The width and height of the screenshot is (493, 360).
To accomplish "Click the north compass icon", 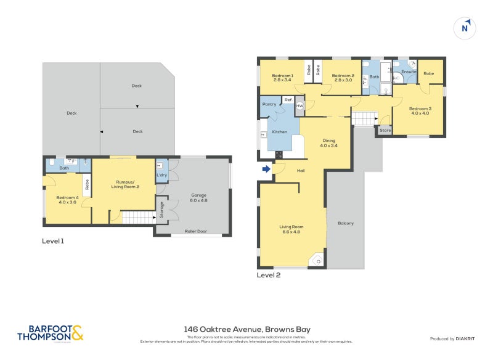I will [465, 27].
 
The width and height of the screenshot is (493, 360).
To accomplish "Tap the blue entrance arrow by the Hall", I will [266, 169].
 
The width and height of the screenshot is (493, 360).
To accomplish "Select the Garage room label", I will [198, 197].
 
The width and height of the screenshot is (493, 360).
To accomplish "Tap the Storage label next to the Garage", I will [161, 211].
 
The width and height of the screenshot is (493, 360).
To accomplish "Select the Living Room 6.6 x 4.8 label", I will [293, 230].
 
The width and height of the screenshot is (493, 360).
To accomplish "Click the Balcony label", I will [345, 223].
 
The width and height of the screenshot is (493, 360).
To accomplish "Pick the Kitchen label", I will [280, 132].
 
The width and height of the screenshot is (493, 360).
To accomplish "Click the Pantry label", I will [269, 104].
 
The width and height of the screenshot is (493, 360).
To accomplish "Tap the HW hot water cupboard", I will [299, 106].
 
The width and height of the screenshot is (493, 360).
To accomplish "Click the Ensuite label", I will [409, 72].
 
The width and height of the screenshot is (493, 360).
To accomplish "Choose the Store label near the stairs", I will [385, 130].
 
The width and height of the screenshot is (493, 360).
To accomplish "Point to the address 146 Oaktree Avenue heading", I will [246, 330].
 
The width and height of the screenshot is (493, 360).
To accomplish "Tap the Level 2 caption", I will [269, 275].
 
